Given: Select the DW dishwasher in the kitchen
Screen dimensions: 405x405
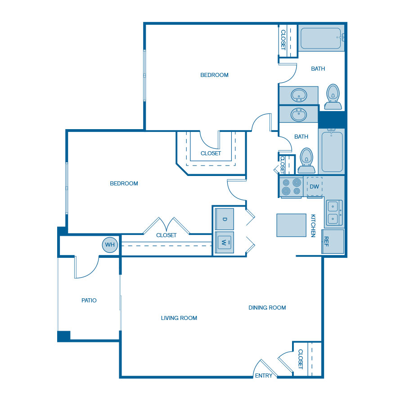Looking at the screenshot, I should [315, 186].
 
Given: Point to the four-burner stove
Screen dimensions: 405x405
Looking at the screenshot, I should [291, 187].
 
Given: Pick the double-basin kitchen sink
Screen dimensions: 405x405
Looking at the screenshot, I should [334, 213].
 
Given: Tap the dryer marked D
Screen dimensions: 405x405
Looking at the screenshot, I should [224, 219].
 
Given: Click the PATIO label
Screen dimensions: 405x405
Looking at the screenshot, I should [89, 300].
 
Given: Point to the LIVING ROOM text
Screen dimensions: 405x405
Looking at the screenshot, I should [179, 318].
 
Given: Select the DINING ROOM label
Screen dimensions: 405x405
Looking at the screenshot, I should [267, 308].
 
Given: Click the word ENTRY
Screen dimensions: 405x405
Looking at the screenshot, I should [264, 375].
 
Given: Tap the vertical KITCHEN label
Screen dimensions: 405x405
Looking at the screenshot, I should [313, 225].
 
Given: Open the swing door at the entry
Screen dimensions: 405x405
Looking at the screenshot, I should [265, 367].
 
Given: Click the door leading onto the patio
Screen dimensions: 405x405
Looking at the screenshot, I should [86, 268].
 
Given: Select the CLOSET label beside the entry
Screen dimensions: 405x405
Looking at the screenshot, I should [301, 359].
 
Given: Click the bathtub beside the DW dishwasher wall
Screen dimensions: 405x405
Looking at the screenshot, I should [332, 151].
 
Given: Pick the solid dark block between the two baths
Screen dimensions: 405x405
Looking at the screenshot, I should [332, 120].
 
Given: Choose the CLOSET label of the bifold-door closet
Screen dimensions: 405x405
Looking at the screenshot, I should [166, 235].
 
